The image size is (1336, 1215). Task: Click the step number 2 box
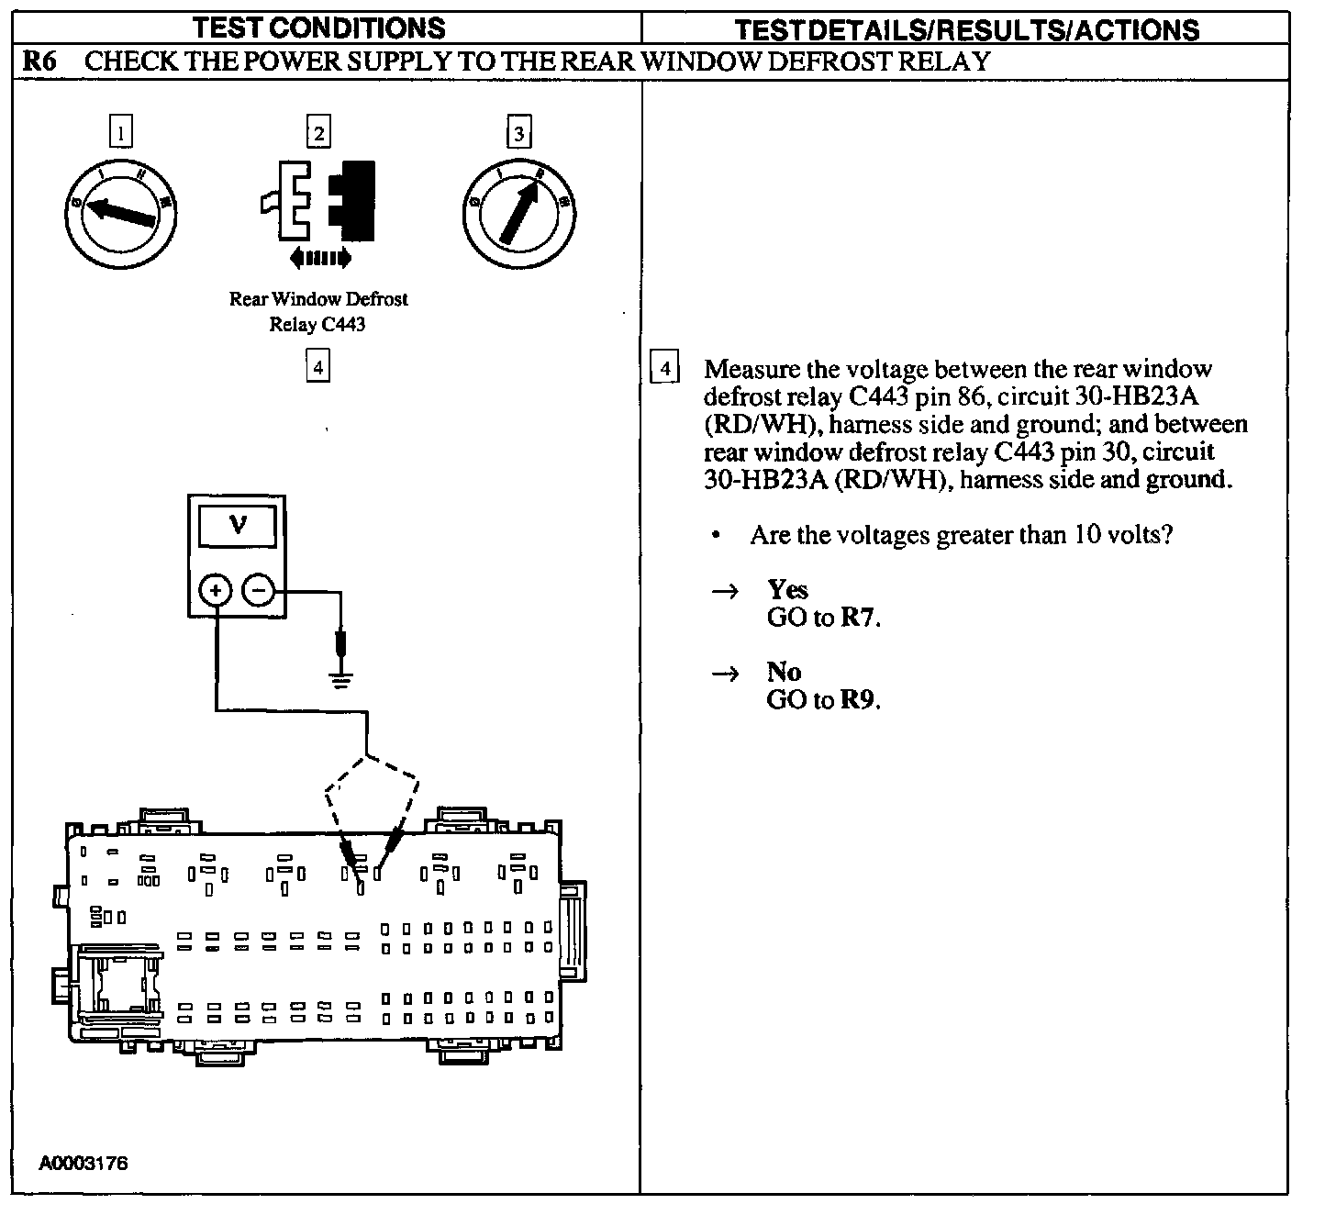pyautogui.click(x=318, y=133)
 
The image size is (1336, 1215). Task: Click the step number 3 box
pyautogui.click(x=518, y=133)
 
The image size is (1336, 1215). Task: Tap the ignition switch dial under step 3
pyautogui.click(x=519, y=213)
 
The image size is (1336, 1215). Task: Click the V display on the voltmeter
pyautogui.click(x=237, y=526)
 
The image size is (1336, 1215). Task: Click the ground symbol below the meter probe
pyautogui.click(x=341, y=680)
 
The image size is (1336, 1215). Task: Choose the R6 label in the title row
pyautogui.click(x=39, y=61)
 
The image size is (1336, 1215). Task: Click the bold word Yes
pyautogui.click(x=787, y=589)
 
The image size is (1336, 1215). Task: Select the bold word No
pyautogui.click(x=784, y=672)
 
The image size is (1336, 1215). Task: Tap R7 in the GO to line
pyautogui.click(x=859, y=618)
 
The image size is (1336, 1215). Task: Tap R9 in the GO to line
pyautogui.click(x=859, y=700)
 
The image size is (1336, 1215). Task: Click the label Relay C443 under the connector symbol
pyautogui.click(x=317, y=325)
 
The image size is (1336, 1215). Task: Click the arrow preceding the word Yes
pyautogui.click(x=726, y=591)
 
